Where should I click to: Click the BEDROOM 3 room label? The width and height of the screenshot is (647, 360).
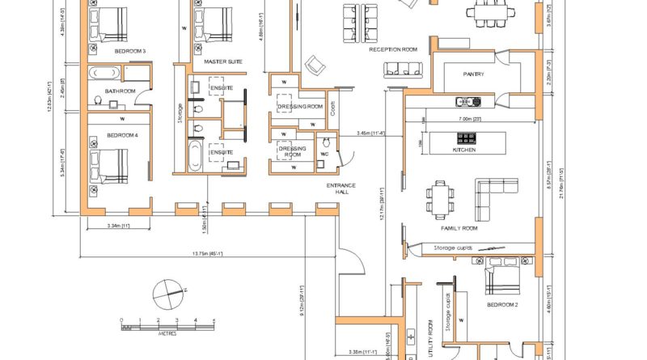tap(130, 51)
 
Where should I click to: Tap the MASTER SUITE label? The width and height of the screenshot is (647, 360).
tap(220, 61)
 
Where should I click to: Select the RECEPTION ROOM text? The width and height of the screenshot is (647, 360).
tap(393, 49)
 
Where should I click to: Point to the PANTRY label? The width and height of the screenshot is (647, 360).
tap(473, 74)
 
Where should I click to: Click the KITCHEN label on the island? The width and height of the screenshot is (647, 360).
tap(464, 150)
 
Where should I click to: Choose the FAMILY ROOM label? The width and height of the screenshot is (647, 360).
tap(459, 229)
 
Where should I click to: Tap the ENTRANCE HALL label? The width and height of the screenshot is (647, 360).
tap(341, 189)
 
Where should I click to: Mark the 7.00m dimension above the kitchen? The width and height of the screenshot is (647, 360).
tap(470, 119)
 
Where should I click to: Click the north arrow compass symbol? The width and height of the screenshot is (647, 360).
tap(167, 290)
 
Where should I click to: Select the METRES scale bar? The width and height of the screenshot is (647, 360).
tap(167, 325)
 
